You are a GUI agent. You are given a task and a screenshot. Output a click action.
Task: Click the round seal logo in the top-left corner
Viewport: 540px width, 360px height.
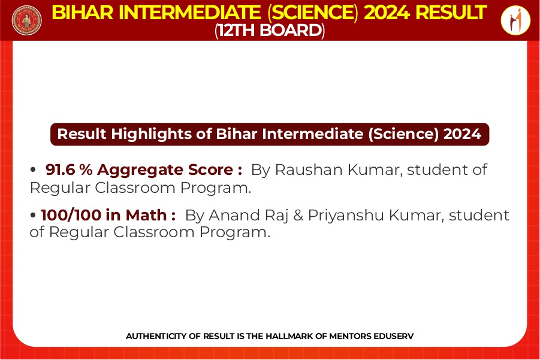[x=26, y=20]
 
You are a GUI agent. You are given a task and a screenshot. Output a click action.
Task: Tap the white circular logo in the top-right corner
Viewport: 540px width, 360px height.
[x=515, y=20]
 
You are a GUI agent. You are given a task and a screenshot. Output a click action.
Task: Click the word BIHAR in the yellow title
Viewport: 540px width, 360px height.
[x=82, y=13]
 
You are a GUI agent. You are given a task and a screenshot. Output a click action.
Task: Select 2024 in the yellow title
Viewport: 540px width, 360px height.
[x=387, y=13]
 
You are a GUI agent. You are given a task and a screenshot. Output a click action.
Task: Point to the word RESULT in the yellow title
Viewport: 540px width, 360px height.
[x=451, y=13]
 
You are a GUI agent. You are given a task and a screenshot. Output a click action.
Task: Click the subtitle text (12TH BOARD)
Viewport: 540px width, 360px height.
[x=270, y=31]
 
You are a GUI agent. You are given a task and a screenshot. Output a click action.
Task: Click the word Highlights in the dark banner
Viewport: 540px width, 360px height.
[x=151, y=134]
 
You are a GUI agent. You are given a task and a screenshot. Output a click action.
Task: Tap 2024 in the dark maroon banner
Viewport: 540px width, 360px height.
[x=462, y=134]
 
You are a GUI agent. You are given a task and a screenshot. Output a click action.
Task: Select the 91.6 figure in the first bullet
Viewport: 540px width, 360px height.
[x=60, y=170]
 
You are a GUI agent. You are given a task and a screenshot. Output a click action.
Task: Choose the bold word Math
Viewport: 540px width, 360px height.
[x=146, y=215]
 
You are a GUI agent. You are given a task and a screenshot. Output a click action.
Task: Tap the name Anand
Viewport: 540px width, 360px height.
[x=233, y=215]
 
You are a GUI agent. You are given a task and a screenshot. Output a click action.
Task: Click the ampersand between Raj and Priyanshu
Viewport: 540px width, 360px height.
[x=298, y=216]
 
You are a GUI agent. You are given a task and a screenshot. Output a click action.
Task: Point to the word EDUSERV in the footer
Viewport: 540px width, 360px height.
[x=393, y=336]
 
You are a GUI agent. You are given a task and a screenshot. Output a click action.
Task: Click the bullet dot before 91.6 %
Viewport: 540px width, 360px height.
[x=33, y=170]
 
